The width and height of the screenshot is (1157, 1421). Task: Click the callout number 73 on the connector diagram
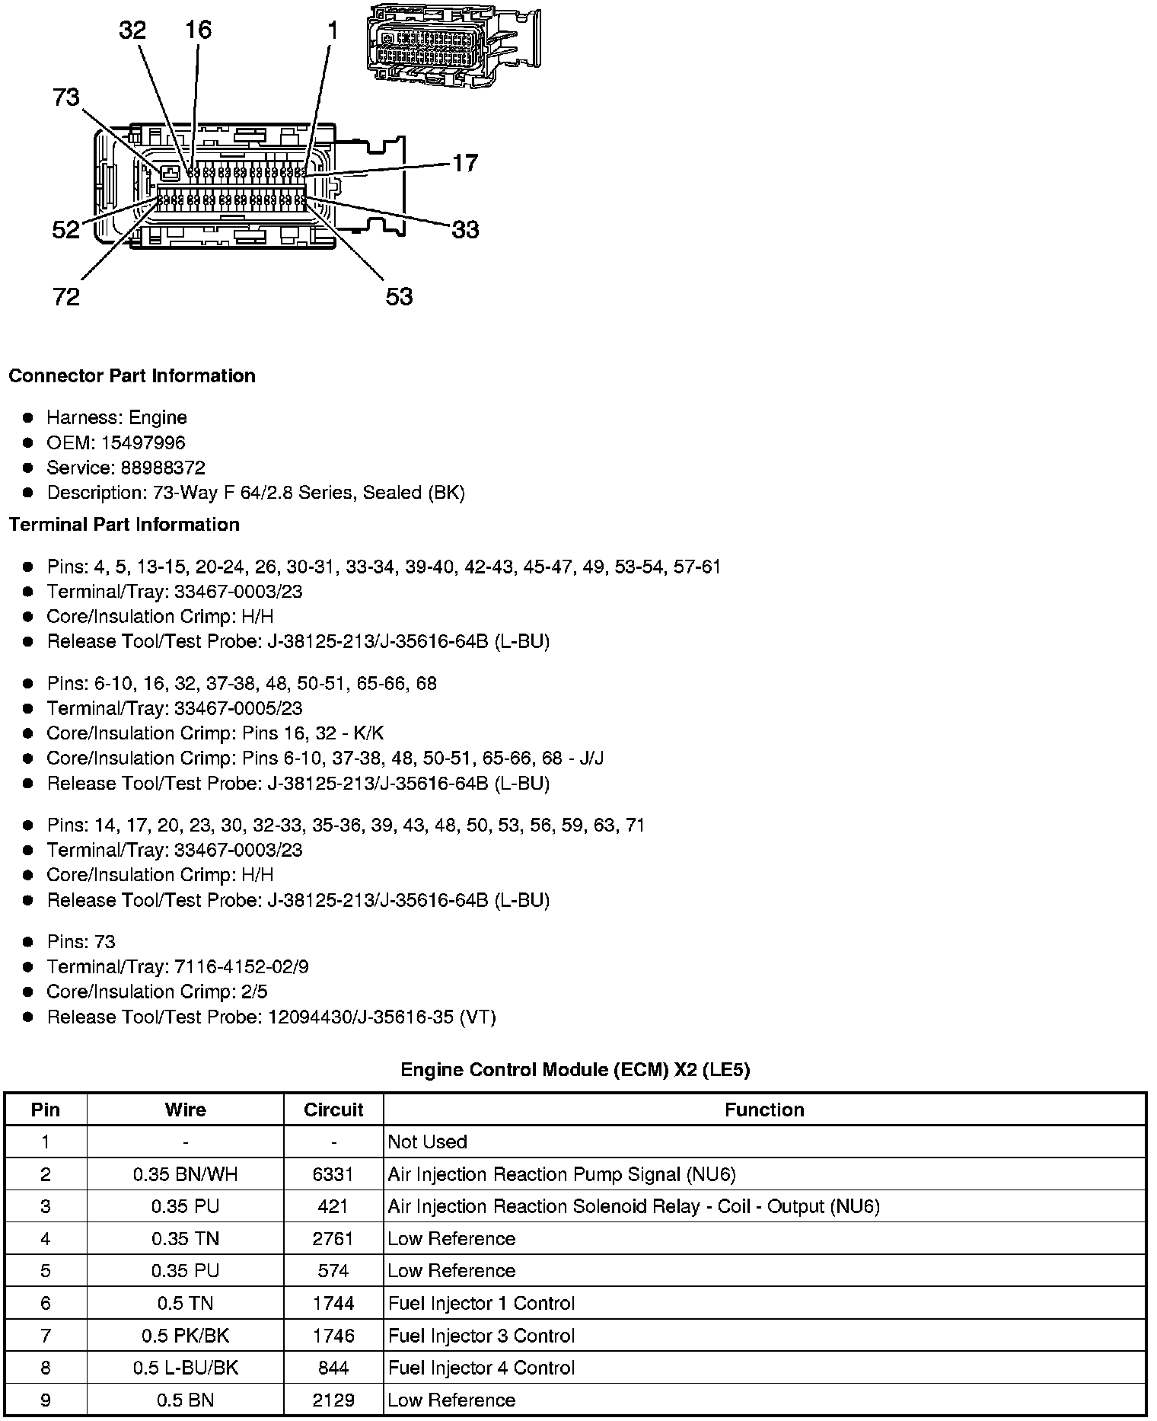click(x=66, y=97)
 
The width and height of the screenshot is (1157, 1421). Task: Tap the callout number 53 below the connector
click(x=399, y=296)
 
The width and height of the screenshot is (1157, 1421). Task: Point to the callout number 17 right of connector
click(x=465, y=163)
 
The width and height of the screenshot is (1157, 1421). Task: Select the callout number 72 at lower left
click(x=66, y=296)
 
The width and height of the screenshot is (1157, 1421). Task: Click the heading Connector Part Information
click(x=132, y=376)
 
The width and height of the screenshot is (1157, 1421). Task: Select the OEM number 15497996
click(x=143, y=442)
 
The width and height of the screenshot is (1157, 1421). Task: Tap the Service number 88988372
click(x=163, y=468)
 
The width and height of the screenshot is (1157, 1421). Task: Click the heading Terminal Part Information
click(x=124, y=525)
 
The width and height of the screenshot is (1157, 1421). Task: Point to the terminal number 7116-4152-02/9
click(x=241, y=967)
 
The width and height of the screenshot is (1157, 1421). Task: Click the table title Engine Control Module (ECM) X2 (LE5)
click(x=575, y=1070)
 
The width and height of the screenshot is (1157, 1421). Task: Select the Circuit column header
click(x=333, y=1110)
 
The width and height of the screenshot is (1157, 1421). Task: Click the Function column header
click(x=764, y=1110)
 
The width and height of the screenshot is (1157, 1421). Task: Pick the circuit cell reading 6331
click(x=333, y=1174)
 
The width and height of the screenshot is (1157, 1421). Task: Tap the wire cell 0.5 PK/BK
click(x=185, y=1336)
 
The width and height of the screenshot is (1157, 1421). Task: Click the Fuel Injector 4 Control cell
click(x=481, y=1368)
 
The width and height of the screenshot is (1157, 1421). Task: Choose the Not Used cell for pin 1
click(x=427, y=1142)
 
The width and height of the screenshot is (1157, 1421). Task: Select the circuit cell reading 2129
click(x=333, y=1400)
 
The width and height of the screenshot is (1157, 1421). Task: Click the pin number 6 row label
click(x=46, y=1303)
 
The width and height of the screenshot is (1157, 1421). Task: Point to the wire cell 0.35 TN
click(x=185, y=1239)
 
